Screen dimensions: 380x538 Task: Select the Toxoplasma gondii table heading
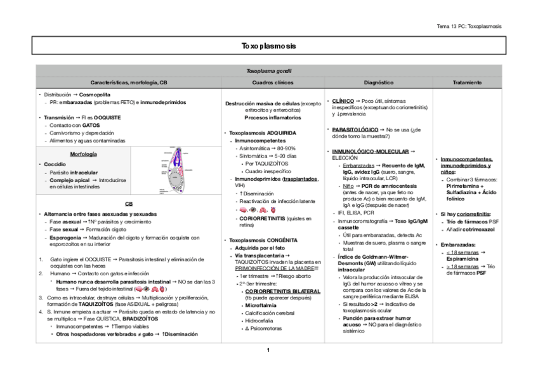point(268,72)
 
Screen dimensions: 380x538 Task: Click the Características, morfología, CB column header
point(129,82)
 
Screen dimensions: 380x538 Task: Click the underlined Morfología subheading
point(83,154)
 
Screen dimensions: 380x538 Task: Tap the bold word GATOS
point(91,126)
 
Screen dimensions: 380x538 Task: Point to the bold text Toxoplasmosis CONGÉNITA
point(263,240)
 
